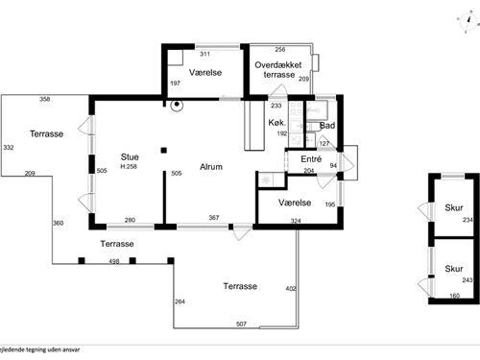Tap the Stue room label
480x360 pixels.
tap(130, 156)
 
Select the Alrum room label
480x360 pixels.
tap(211, 167)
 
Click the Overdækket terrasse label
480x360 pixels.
tap(278, 70)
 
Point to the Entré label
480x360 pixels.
tap(311, 158)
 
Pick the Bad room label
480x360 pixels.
tap(327, 126)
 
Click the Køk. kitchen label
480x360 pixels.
tap(276, 122)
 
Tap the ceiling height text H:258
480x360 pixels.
tap(129, 167)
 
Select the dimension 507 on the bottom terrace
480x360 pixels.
tap(241, 324)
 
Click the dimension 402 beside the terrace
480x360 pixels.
tap(291, 289)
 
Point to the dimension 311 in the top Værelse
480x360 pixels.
tap(204, 54)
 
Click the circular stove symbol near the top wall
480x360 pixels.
tap(177, 105)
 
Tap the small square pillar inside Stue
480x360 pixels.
tap(164, 150)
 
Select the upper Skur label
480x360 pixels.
tap(454, 207)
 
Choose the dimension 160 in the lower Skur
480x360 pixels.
tap(454, 296)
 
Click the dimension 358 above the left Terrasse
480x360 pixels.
tap(44, 99)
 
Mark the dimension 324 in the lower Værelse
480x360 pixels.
tap(296, 221)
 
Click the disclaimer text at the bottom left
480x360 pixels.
tap(39, 349)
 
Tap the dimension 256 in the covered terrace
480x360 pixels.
tap(280, 49)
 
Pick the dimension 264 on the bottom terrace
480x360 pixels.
tap(180, 301)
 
